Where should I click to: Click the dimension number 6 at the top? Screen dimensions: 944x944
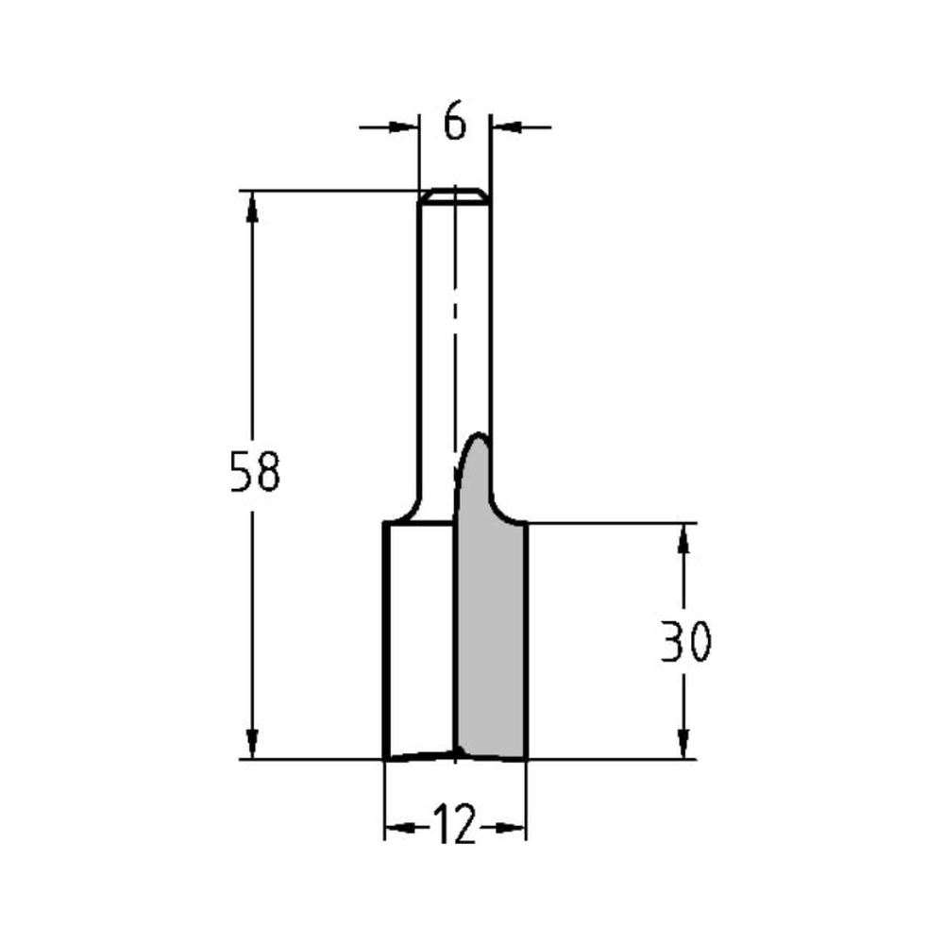coord(455,124)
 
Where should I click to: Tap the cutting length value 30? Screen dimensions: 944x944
coord(684,642)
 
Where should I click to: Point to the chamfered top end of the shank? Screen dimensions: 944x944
coord(454,194)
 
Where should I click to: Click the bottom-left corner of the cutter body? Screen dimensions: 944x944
coord(384,757)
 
